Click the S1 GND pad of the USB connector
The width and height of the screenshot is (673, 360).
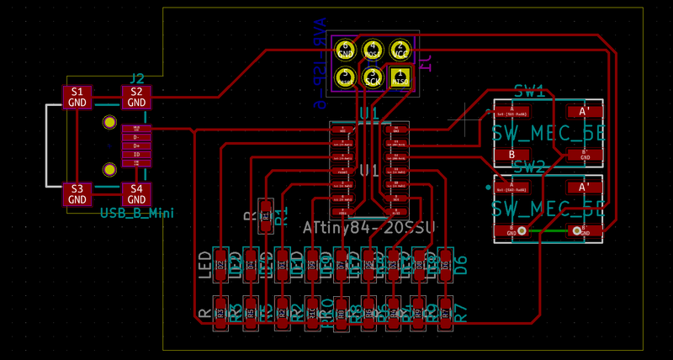77,97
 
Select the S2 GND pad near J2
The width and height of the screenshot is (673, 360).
135,97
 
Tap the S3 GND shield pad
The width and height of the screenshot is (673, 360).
77,194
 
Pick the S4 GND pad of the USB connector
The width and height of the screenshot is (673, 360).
135,194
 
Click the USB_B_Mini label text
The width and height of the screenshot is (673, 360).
136,214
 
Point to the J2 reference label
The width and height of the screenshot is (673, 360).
136,79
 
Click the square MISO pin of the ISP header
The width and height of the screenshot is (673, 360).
400,78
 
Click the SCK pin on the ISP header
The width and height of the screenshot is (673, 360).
373,78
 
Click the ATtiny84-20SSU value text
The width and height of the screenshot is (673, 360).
370,227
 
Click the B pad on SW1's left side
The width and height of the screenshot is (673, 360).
511,155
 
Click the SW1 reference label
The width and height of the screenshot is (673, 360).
529,88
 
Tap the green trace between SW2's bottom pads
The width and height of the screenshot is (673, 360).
548,230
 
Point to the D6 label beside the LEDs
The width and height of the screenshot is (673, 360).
459,264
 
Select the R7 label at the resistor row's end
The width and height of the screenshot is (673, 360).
459,313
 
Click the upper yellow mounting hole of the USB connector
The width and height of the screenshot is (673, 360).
109,123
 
